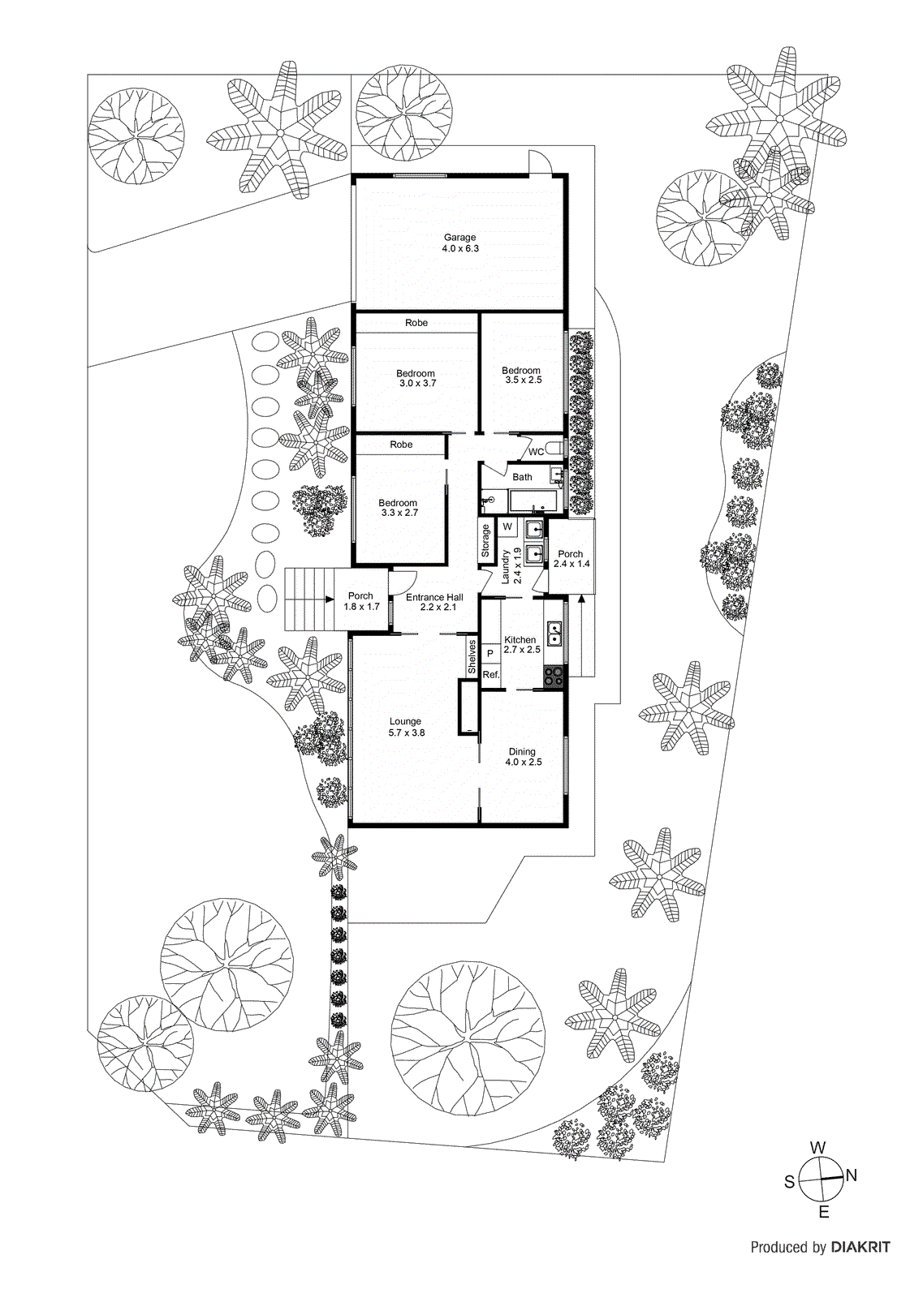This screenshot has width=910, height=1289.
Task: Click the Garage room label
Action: pyautogui.click(x=459, y=237)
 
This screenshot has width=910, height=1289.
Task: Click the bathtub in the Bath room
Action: pyautogui.click(x=533, y=501)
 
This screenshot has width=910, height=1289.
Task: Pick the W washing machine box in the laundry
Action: pyautogui.click(x=507, y=526)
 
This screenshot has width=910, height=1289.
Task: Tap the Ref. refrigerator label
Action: pyautogui.click(x=490, y=674)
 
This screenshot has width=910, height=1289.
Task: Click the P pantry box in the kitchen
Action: pyautogui.click(x=490, y=653)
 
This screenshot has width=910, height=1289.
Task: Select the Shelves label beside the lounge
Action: pyautogui.click(x=472, y=657)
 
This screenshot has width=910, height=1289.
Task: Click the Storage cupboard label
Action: pyautogui.click(x=485, y=541)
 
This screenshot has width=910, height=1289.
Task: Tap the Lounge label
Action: pyautogui.click(x=405, y=721)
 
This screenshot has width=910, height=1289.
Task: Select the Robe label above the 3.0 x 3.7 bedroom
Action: pyautogui.click(x=416, y=323)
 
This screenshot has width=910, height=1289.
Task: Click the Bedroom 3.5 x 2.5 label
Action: pyautogui.click(x=521, y=376)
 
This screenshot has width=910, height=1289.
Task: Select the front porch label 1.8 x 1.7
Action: pyautogui.click(x=362, y=606)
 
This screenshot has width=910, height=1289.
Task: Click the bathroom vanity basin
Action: pyautogui.click(x=556, y=475)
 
